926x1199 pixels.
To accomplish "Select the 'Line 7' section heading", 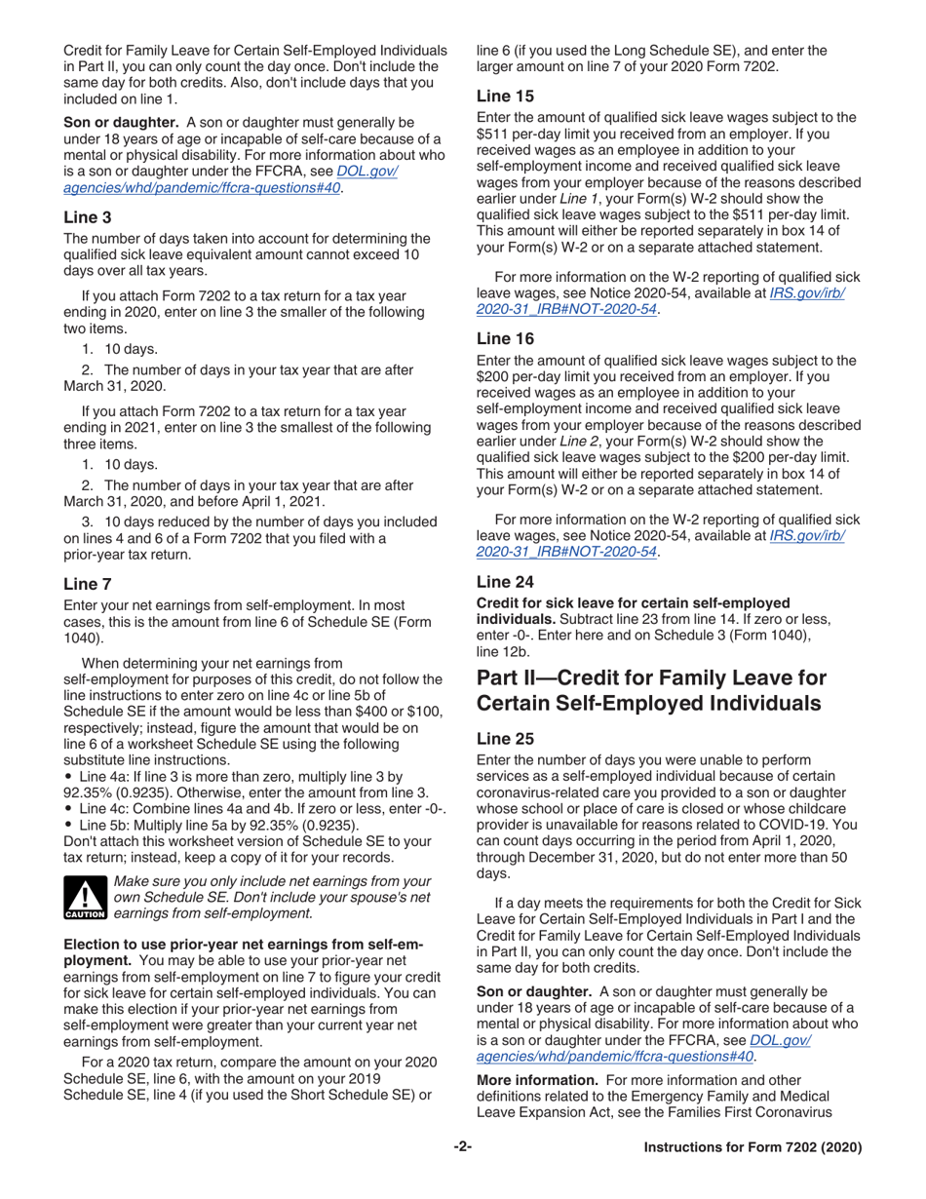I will pyautogui.click(x=88, y=588).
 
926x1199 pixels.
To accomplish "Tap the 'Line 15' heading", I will pyautogui.click(x=503, y=97).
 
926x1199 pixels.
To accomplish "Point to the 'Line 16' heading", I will pyautogui.click(x=503, y=339).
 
